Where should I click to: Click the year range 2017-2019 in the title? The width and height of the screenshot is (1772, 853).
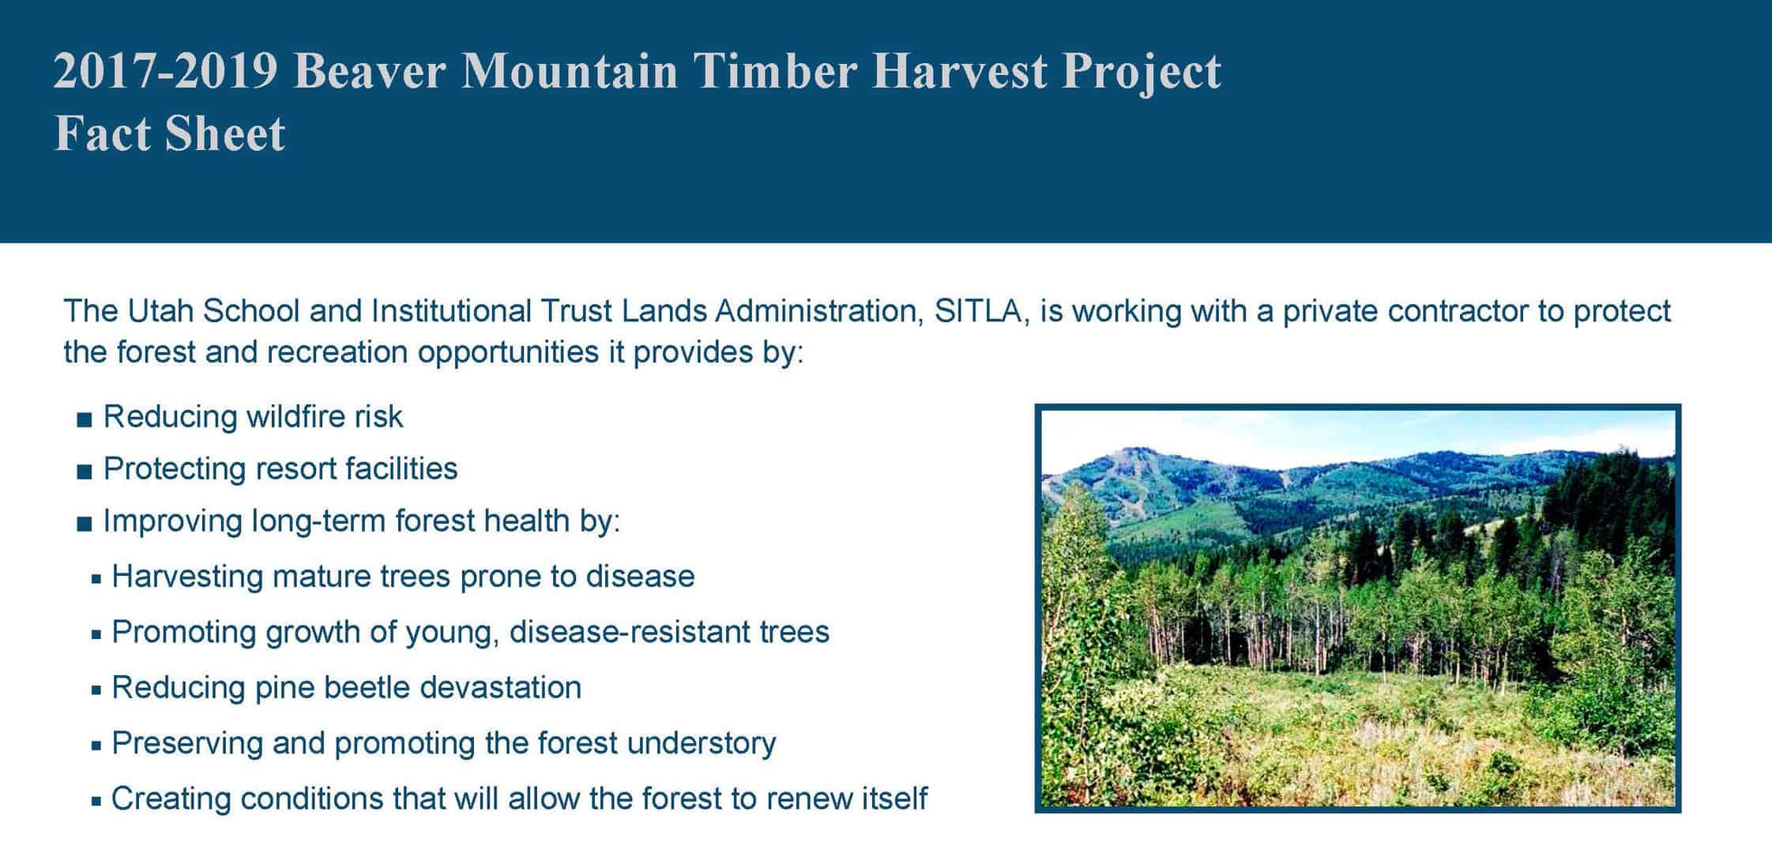point(166,71)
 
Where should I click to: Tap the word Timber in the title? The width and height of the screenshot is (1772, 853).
point(774,71)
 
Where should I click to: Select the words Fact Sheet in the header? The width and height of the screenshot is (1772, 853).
point(169,133)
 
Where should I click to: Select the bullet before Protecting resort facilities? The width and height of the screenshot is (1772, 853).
point(85,472)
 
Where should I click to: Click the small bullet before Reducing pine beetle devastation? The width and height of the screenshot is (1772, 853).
point(96,690)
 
